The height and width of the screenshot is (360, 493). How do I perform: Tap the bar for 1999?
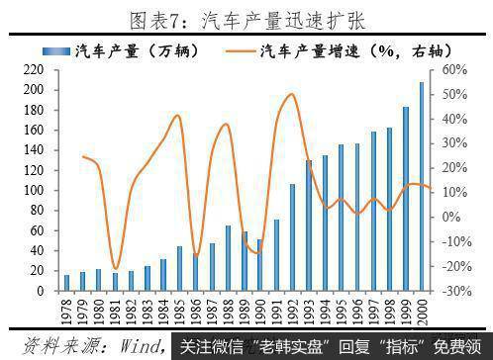pyautogui.click(x=407, y=199)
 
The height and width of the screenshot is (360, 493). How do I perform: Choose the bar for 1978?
pyautogui.click(x=67, y=283)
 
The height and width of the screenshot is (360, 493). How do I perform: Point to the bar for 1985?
pyautogui.click(x=179, y=269)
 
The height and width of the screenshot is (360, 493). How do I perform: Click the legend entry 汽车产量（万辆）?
pyautogui.click(x=149, y=49)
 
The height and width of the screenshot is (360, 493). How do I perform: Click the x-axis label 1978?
pyautogui.click(x=67, y=312)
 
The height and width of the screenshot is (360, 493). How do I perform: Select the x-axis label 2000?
pyautogui.click(x=424, y=312)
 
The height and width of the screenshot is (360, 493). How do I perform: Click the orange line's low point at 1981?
pyautogui.click(x=116, y=268)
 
